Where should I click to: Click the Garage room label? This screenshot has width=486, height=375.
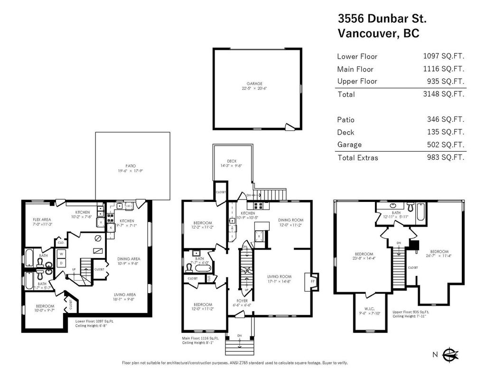254,84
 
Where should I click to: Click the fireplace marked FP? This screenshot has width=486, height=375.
313,280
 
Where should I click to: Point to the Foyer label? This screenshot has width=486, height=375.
243,301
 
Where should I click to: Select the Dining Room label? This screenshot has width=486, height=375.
290,220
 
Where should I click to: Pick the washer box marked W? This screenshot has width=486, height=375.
61,254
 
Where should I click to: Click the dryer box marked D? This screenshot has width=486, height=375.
61,263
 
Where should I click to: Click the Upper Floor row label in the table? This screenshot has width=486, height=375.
357,81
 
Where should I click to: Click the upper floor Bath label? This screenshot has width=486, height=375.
396,213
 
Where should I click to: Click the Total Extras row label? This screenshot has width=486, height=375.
357,157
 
